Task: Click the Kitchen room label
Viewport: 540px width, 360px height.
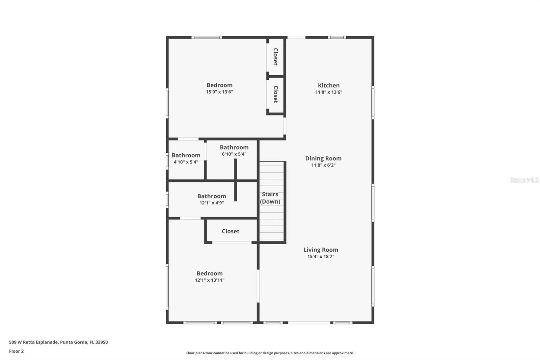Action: [x=328, y=85]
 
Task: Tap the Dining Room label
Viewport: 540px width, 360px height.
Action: [x=323, y=158]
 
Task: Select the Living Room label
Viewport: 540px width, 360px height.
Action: [x=321, y=250]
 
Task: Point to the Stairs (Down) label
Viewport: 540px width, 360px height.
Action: [x=270, y=198]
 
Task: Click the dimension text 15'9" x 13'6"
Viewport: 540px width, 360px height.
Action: [x=219, y=92]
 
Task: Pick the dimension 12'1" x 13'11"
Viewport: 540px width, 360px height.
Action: [x=210, y=280]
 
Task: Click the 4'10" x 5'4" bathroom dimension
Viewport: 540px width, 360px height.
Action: [x=186, y=162]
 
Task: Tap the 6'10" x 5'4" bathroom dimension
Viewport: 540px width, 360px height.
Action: [x=234, y=154]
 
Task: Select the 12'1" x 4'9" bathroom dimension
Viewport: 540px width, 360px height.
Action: [x=212, y=203]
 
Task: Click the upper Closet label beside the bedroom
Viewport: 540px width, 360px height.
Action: [x=275, y=57]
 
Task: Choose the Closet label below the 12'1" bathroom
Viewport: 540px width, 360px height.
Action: [x=231, y=231]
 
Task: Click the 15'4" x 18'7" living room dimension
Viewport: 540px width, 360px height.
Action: [x=321, y=256]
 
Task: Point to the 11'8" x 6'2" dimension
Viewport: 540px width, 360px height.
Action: [x=323, y=165]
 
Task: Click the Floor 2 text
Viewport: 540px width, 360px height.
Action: [x=16, y=351]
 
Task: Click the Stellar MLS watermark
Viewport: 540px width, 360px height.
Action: [x=524, y=180]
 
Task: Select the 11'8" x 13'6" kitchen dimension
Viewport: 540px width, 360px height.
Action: [x=328, y=92]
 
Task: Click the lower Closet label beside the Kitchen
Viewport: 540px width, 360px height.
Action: [x=275, y=94]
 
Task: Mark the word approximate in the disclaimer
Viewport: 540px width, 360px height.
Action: [x=343, y=353]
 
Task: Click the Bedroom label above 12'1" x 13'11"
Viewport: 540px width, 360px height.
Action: [x=210, y=274]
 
